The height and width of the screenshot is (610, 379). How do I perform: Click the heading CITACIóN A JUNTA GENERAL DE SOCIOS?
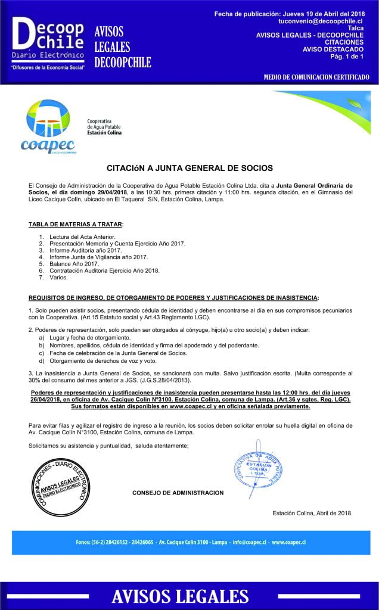pyautogui.click(x=189, y=169)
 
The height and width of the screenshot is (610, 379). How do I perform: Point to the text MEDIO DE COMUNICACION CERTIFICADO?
pyautogui.click(x=316, y=77)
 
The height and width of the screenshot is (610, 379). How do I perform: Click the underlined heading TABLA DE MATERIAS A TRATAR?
pyautogui.click(x=76, y=224)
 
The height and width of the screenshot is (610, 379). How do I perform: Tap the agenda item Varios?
pyautogui.click(x=59, y=277)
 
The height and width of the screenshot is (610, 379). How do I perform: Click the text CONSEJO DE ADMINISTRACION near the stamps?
pyautogui.click(x=178, y=493)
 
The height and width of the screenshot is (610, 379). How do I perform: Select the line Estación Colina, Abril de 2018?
pyautogui.click(x=312, y=513)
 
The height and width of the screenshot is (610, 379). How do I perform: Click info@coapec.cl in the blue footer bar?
pyautogui.click(x=249, y=543)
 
